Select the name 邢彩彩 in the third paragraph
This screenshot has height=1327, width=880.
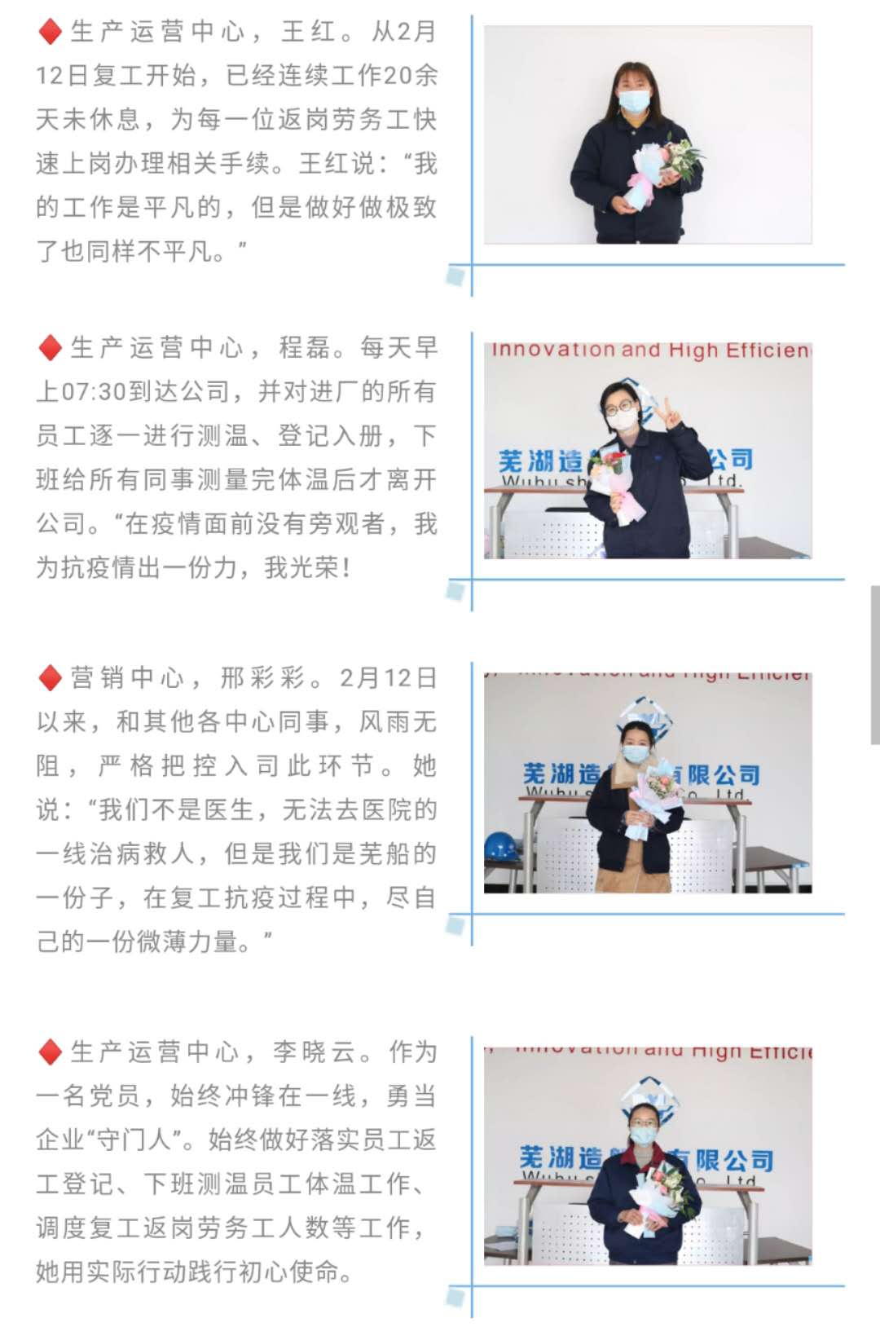click(263, 677)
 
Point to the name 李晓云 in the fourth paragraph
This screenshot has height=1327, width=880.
click(313, 1052)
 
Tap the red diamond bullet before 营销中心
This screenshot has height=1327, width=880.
click(50, 677)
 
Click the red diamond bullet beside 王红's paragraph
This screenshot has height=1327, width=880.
click(50, 32)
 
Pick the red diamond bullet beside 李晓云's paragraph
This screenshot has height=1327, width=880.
click(50, 1052)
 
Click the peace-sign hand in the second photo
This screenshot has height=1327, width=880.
click(671, 415)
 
